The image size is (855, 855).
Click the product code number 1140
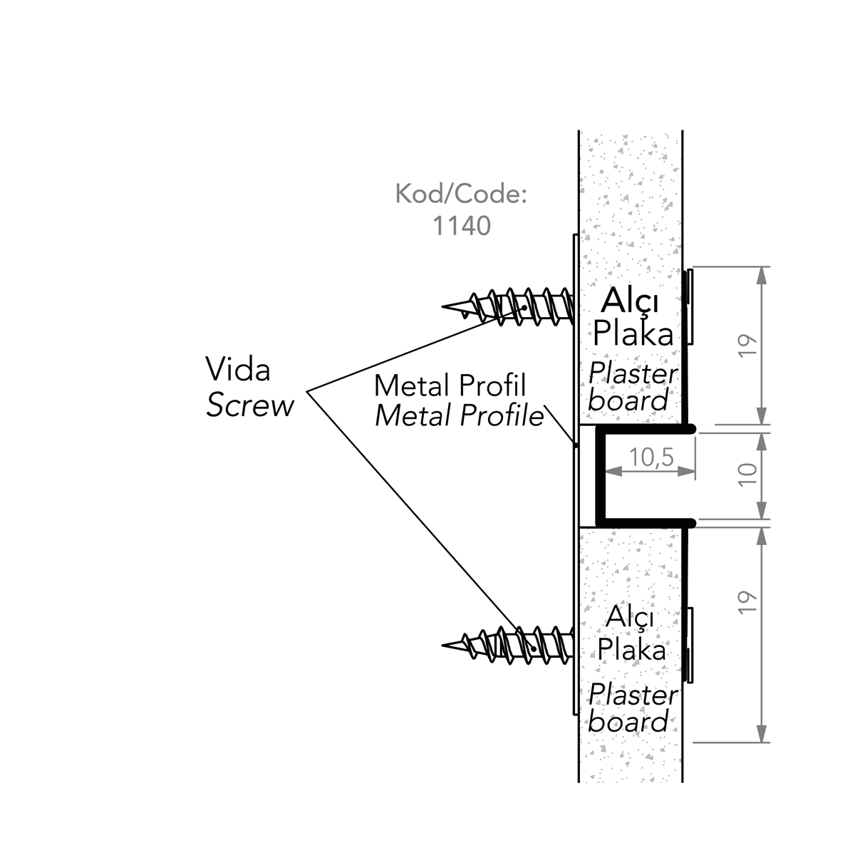pos(462,226)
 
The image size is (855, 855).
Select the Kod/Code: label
pos(461,195)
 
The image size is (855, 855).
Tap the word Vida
pos(237,370)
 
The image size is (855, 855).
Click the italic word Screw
pos(250,405)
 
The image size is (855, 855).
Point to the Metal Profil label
pos(450,385)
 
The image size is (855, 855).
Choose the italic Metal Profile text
pos(459,415)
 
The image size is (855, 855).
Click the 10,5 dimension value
pos(651,457)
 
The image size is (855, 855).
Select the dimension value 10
pos(747,474)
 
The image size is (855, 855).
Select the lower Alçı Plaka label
pos(631,633)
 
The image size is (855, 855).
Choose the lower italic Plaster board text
pos(630,708)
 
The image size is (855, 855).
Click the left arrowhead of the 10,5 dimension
pos(611,470)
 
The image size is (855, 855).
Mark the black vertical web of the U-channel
pos(600,475)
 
